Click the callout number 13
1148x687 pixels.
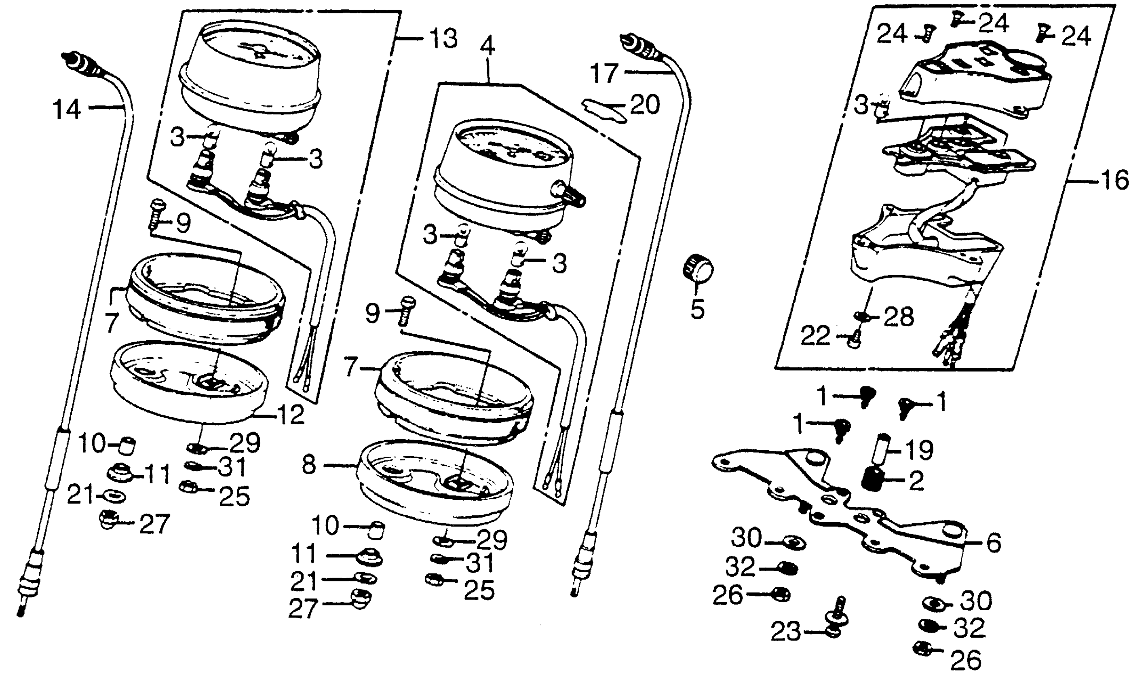pos(443,38)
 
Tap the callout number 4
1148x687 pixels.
pos(487,46)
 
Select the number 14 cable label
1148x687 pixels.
pos(68,110)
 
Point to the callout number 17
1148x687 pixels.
pos(605,74)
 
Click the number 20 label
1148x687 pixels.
pos(645,105)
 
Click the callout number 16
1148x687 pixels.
pos(1115,180)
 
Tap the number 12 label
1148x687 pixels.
pos(290,414)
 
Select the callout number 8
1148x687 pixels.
pos(309,464)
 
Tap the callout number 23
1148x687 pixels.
pos(785,632)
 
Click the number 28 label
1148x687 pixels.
pos(899,317)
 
